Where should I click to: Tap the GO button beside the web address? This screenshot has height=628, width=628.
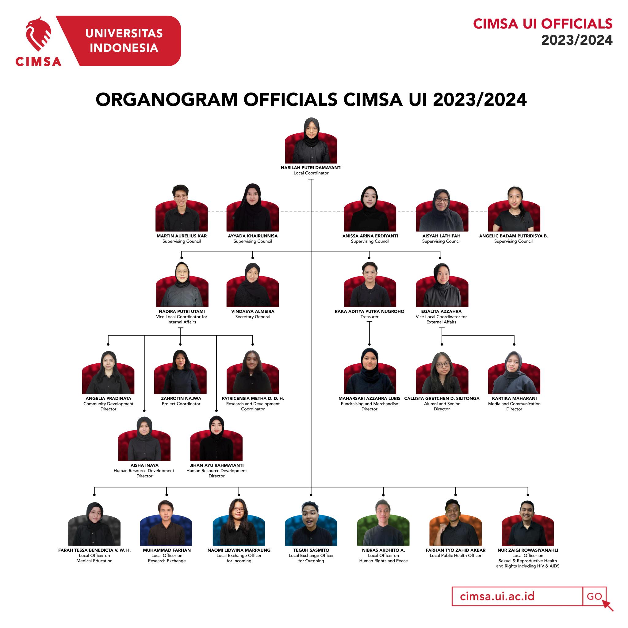[594, 596]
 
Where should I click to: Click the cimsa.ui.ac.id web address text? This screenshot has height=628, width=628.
[497, 596]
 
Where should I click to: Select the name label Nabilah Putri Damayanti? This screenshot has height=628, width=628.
[311, 168]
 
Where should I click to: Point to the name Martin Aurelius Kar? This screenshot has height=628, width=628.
[182, 236]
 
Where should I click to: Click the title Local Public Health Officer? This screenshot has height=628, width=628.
[455, 556]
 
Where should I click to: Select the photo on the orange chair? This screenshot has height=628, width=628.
[455, 524]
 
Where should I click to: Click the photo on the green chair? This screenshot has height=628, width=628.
[383, 524]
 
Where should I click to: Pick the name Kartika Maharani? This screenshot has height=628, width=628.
[514, 399]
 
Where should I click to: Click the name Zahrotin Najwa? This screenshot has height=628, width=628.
[181, 399]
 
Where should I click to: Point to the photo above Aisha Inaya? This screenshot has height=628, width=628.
[144, 439]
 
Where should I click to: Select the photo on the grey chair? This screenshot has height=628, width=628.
[94, 525]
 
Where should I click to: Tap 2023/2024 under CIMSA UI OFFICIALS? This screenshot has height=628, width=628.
[577, 40]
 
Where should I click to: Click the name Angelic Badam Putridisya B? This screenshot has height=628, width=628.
[513, 236]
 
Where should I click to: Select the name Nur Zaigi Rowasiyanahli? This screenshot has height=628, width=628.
[527, 550]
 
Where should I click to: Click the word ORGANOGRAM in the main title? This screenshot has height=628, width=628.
[167, 100]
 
